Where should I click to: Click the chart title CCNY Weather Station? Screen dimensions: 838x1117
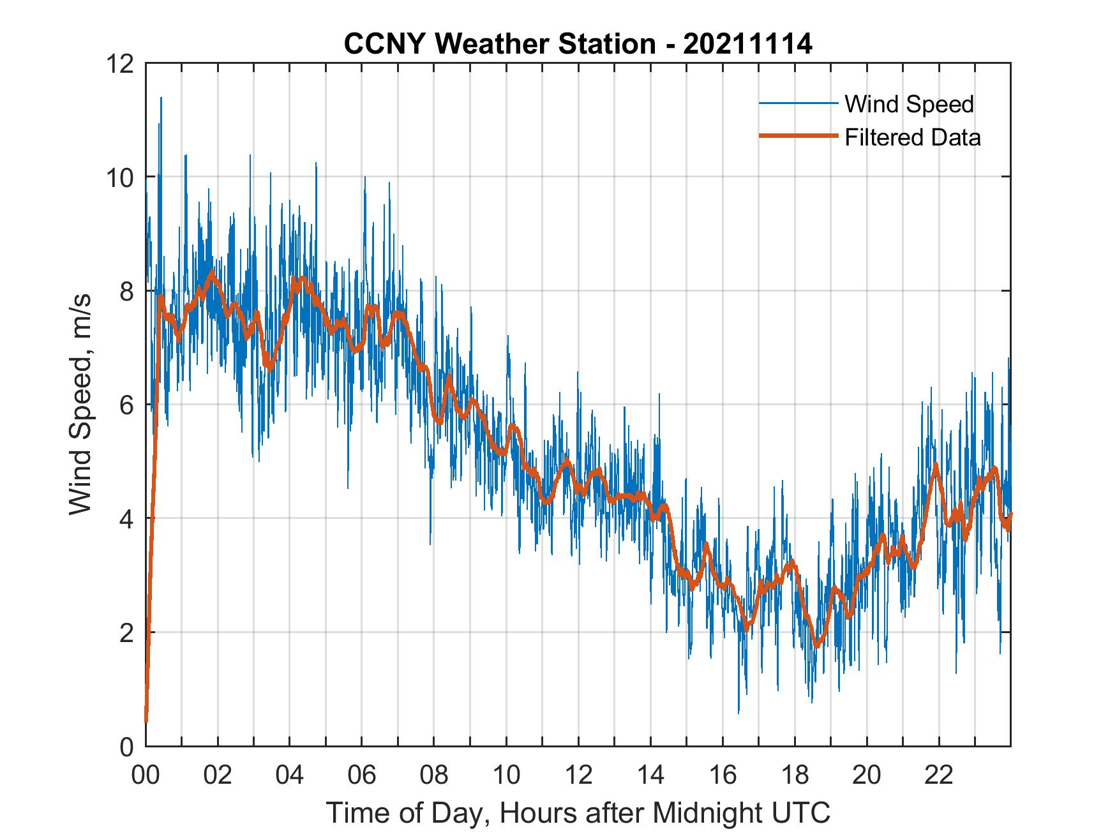(499, 44)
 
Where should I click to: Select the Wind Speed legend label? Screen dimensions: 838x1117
(909, 104)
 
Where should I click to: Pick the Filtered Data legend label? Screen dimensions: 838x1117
(912, 137)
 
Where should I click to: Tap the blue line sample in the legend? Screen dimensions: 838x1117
(798, 103)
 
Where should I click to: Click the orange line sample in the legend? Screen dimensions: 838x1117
(798, 137)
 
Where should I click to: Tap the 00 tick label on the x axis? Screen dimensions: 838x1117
(146, 775)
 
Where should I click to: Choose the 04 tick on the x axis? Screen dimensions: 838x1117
(290, 775)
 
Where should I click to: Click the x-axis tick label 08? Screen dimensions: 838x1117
(434, 775)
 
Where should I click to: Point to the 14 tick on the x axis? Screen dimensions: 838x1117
(650, 775)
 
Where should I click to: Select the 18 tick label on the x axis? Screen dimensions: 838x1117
(795, 775)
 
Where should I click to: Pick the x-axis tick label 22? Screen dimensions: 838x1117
(939, 775)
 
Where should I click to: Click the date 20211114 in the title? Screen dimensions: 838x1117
(748, 44)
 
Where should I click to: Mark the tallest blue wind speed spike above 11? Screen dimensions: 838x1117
(161, 99)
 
